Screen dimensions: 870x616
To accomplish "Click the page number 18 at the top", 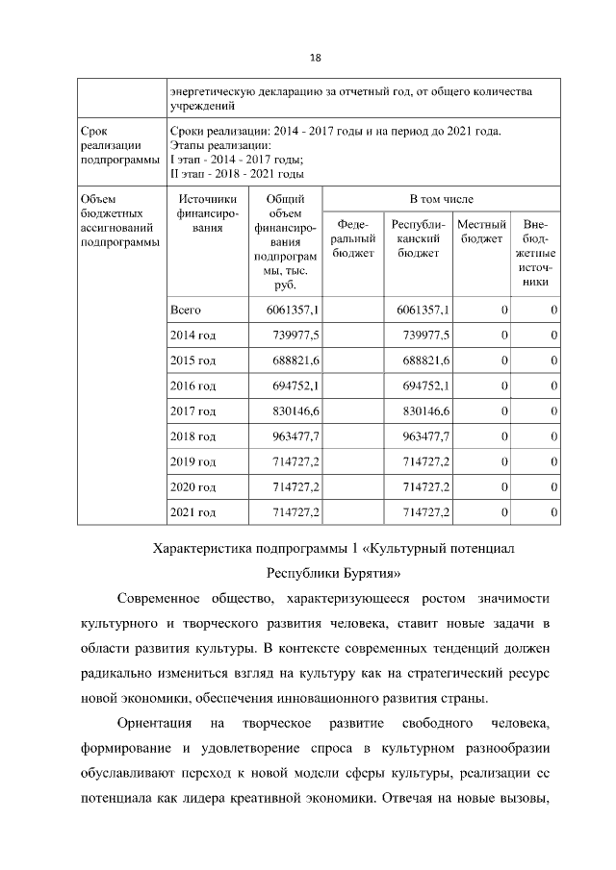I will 314,58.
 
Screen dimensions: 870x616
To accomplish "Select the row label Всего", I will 185,310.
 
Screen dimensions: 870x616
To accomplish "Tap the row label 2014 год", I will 192,335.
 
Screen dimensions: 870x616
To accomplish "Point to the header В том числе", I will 442,199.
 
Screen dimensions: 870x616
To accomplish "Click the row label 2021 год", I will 192,512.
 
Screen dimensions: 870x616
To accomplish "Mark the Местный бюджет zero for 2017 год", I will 503,410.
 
